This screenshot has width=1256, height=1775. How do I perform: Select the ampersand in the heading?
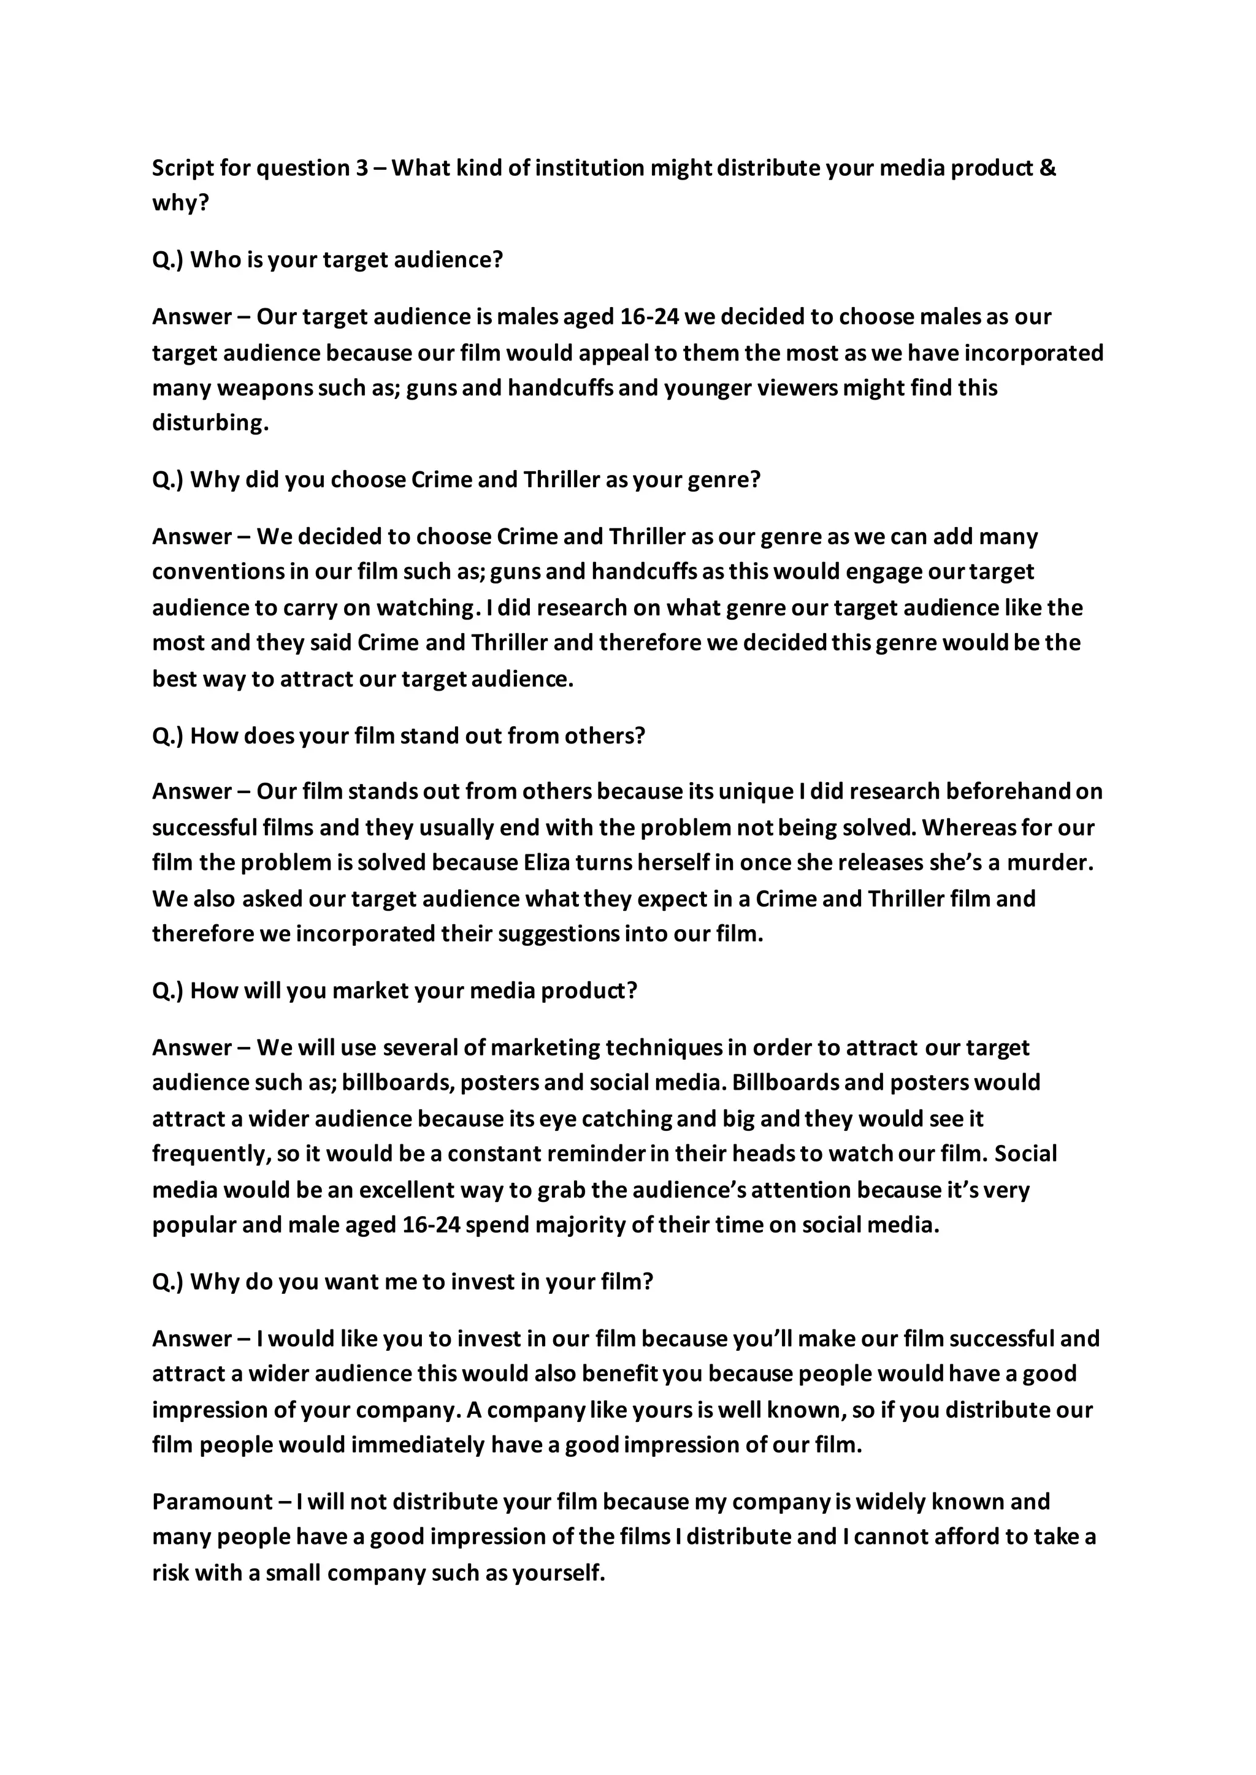coord(1048,168)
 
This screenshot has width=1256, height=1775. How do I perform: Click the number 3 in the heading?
coord(362,168)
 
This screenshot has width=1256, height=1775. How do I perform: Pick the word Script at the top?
coord(182,168)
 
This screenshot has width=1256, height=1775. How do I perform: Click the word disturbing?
coord(210,423)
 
